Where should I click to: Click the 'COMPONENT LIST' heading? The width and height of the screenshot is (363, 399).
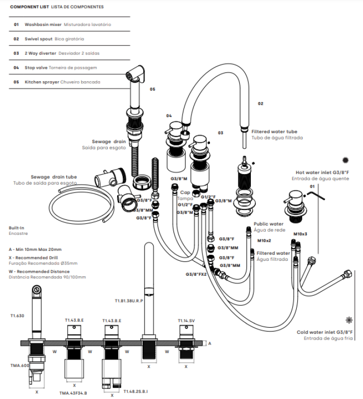tap(29, 7)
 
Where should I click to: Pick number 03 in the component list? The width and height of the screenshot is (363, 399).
tap(16, 53)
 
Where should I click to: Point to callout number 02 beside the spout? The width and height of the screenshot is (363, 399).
tap(260, 104)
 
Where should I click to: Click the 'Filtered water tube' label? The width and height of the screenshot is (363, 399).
tap(274, 132)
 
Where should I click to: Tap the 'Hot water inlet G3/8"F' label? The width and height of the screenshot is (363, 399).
tap(323, 172)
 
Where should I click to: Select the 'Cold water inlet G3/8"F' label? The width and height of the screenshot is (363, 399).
tap(325, 332)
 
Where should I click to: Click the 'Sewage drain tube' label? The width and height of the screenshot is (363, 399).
tap(53, 177)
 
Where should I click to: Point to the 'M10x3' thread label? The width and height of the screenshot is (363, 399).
tap(300, 233)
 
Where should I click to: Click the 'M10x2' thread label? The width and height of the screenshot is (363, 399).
tap(264, 240)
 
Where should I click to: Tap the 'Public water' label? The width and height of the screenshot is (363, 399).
tap(268, 224)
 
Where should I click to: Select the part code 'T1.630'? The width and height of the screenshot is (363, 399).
tap(17, 316)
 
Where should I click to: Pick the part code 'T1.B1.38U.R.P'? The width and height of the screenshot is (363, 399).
tap(129, 301)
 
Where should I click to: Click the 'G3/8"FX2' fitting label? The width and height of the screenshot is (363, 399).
tap(196, 274)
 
